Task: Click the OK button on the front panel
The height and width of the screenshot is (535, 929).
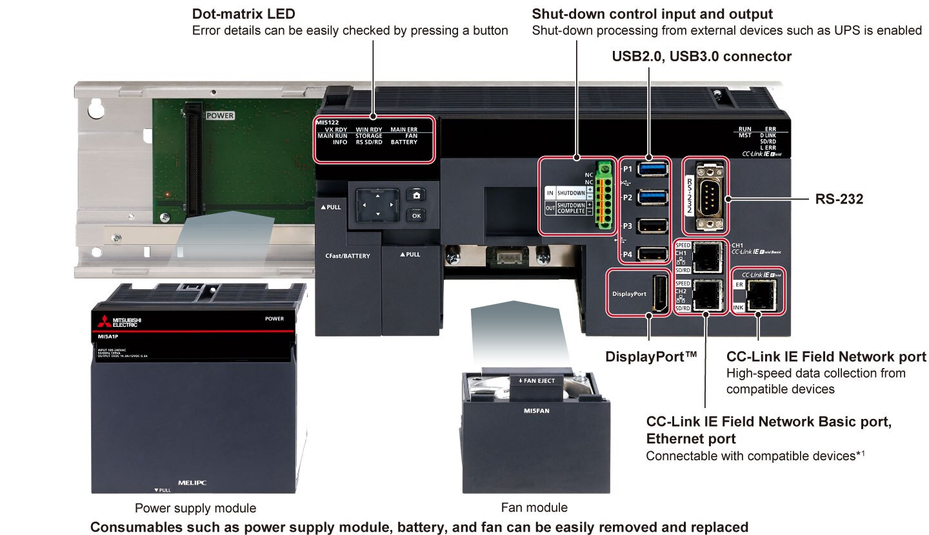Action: click(416, 215)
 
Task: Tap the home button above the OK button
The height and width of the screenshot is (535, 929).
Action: click(416, 196)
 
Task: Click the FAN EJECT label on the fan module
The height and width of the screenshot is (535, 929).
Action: click(537, 381)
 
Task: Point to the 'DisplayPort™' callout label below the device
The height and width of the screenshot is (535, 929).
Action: click(652, 356)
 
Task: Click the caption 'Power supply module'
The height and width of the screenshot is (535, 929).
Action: click(195, 508)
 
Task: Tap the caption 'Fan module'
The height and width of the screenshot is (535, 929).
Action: click(534, 507)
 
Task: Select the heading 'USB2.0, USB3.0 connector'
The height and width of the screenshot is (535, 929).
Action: click(701, 57)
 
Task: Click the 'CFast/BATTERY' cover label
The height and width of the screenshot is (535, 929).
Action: click(348, 256)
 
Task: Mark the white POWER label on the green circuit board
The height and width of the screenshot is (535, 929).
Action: click(219, 116)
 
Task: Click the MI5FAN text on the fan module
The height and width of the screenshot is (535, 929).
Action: click(536, 410)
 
